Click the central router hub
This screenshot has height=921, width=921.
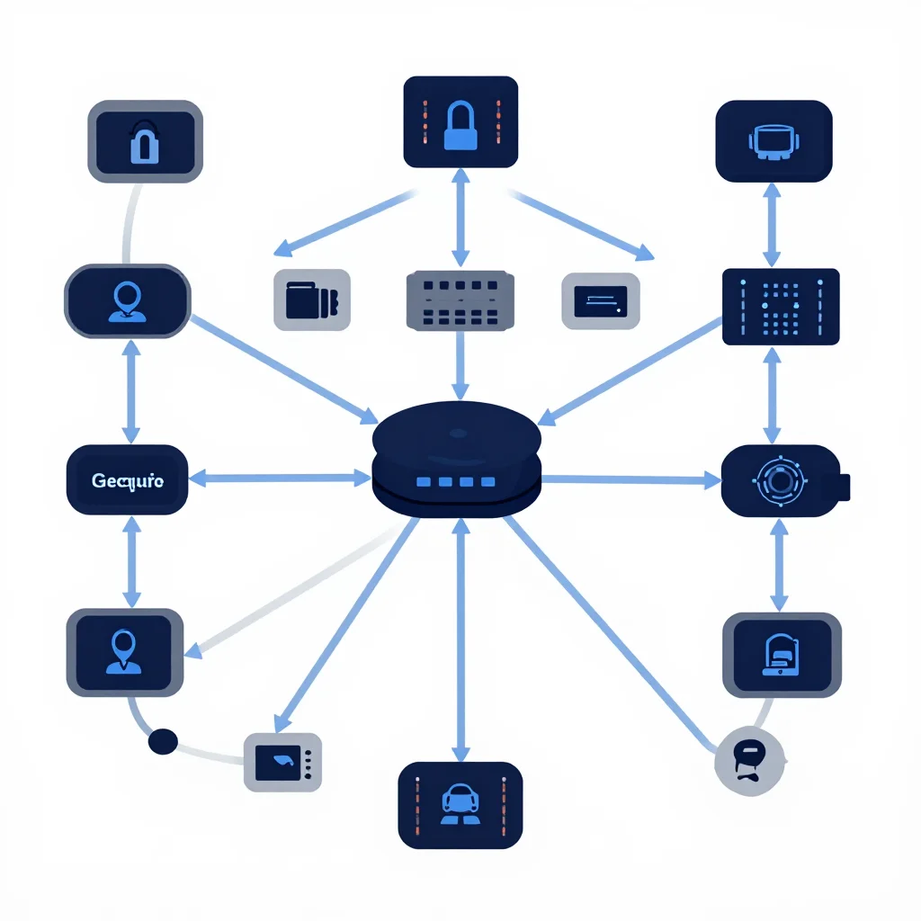456,460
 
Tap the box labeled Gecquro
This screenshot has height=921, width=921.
128,480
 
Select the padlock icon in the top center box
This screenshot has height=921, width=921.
460,125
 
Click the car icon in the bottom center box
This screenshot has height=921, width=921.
460,803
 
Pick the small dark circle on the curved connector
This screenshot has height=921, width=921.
163,741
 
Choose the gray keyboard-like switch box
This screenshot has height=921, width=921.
460,300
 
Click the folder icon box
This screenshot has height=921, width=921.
312,300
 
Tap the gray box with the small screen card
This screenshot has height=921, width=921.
600,300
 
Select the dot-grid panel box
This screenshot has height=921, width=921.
781,307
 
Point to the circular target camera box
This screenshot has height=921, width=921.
784,481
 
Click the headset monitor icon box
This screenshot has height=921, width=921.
773,141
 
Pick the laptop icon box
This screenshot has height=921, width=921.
782,655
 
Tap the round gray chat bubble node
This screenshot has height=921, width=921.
749,761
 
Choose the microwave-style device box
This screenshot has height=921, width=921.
282,763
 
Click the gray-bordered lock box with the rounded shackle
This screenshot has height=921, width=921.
145,141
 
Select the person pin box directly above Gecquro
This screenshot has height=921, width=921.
128,300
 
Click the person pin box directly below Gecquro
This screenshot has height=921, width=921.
124,653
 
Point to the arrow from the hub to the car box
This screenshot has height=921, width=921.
460,640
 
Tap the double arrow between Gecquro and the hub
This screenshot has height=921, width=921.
280,478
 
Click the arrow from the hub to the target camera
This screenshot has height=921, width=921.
630,480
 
